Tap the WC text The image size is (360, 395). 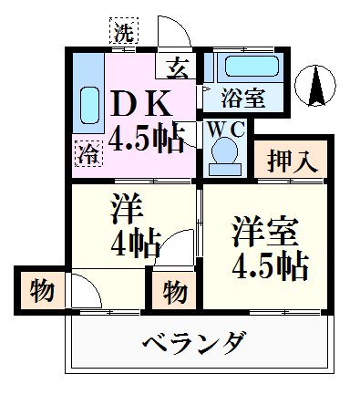pyautogui.click(x=223, y=129)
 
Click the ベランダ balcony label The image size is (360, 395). pyautogui.click(x=193, y=344)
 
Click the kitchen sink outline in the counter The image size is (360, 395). pyautogui.click(x=89, y=108)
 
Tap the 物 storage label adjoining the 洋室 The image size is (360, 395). pyautogui.click(x=176, y=292)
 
